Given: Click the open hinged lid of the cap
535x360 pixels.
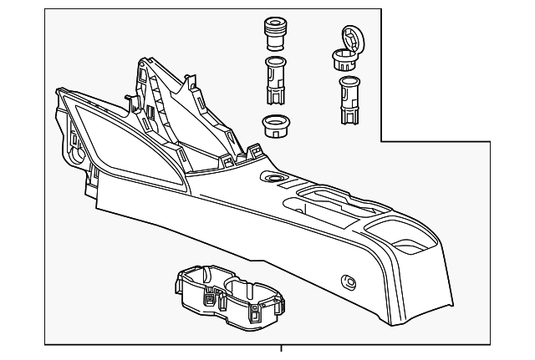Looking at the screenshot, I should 354,38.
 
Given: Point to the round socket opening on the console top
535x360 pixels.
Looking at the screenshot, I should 272,179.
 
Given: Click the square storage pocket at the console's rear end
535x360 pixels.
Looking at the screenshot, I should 409,246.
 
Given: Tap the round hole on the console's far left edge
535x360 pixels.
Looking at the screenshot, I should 77,155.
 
